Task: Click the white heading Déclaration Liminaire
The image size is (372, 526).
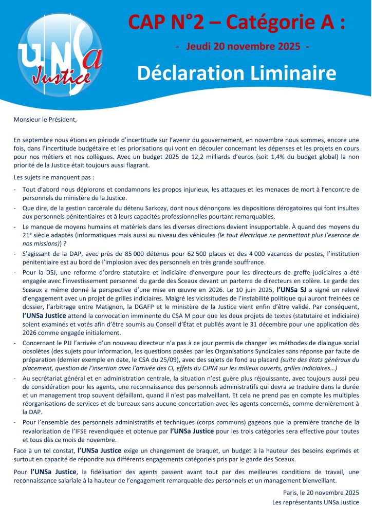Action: pyautogui.click(x=236, y=73)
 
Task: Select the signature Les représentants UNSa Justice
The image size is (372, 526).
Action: pyautogui.click(x=315, y=502)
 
